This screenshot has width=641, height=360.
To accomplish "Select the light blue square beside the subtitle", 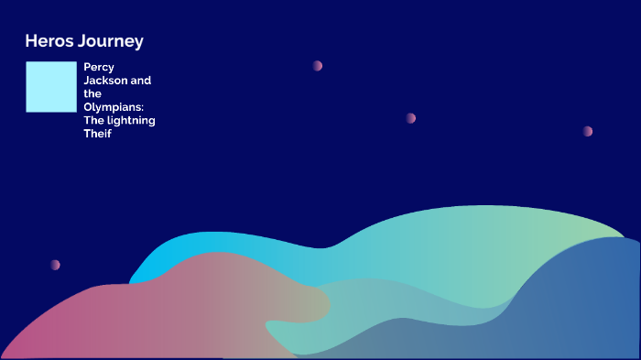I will [51, 87].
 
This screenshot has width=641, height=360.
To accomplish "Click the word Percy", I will [99, 67].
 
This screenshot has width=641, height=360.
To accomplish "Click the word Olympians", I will [119, 107].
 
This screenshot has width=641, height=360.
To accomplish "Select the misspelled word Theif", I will [97, 135].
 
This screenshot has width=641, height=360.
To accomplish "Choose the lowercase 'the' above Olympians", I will [92, 93].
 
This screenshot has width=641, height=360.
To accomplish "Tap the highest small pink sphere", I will [317, 66].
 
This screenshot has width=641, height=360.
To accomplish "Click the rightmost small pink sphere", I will [587, 131].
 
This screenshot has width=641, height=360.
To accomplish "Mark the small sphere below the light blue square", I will [55, 265].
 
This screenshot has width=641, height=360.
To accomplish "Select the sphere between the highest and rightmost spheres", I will [410, 118].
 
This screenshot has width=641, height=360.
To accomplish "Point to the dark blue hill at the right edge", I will [586, 302].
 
